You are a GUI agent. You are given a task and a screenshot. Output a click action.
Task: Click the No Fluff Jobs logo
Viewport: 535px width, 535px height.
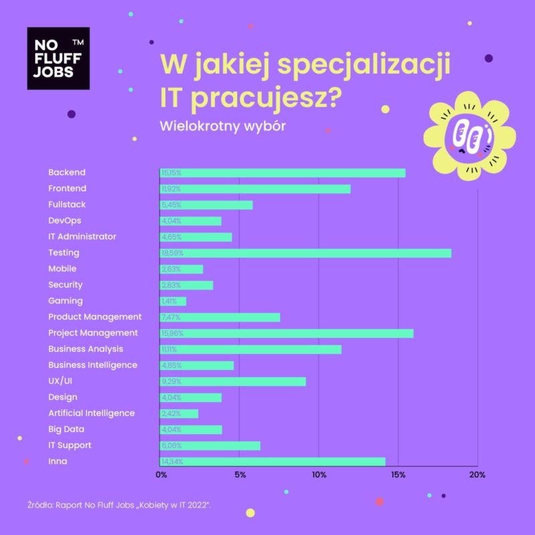pyautogui.click(x=58, y=58)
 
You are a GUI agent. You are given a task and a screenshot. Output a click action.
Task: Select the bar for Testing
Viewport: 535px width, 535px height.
pyautogui.click(x=305, y=253)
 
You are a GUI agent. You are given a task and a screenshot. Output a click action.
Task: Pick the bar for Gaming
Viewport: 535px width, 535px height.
pyautogui.click(x=173, y=301)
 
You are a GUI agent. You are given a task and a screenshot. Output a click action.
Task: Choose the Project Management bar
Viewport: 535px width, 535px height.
pyautogui.click(x=286, y=333)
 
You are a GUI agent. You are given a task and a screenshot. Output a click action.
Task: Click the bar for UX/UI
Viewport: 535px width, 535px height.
pyautogui.click(x=233, y=381)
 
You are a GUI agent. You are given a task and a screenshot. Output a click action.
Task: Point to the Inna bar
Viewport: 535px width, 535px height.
pyautogui.click(x=272, y=461)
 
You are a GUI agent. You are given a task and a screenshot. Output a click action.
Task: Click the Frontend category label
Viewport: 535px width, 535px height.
pyautogui.click(x=67, y=189)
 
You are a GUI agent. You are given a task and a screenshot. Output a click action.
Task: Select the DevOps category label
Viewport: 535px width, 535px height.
pyautogui.click(x=65, y=221)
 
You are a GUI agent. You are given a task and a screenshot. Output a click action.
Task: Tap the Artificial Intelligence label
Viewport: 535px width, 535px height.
pyautogui.click(x=91, y=413)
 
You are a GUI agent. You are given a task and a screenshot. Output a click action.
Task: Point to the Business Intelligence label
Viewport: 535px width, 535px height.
pyautogui.click(x=92, y=365)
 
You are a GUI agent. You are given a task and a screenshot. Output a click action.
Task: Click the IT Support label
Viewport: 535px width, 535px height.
pyautogui.click(x=70, y=445)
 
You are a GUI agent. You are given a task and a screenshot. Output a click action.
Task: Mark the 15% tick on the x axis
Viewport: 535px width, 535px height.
pyautogui.click(x=399, y=475)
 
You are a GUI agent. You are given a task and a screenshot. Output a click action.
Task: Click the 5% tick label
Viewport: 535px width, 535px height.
pyautogui.click(x=239, y=475)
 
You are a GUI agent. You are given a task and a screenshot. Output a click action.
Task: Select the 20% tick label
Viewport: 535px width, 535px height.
pyautogui.click(x=477, y=475)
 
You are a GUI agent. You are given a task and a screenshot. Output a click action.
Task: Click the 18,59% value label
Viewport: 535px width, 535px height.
pyautogui.click(x=172, y=253)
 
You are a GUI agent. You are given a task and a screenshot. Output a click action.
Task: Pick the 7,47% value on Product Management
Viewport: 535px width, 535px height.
pyautogui.click(x=171, y=317)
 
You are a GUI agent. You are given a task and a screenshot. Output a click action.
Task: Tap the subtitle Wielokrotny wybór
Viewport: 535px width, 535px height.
pyautogui.click(x=223, y=126)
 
